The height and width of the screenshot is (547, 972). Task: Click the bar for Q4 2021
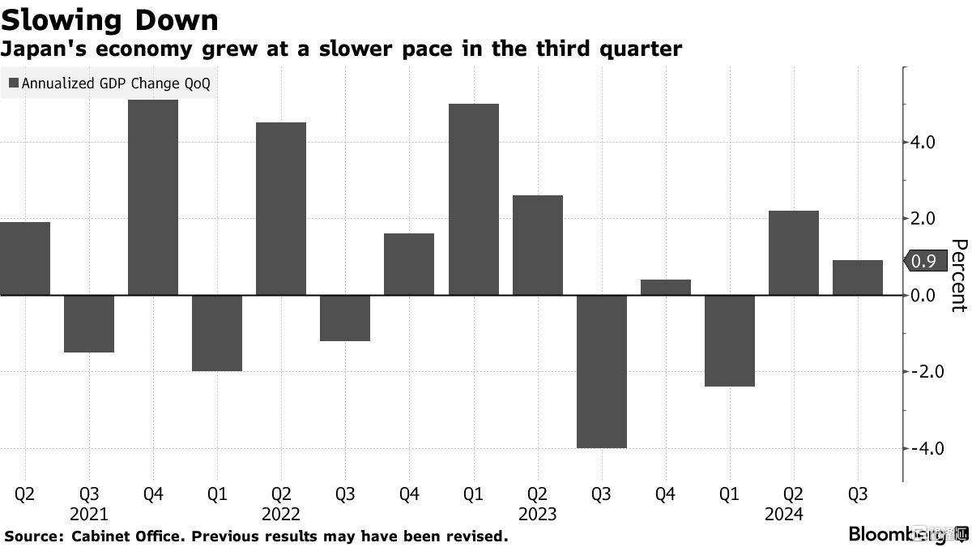tap(153, 197)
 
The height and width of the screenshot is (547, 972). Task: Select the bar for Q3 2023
tap(601, 371)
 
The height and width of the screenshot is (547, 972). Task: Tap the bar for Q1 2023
tap(473, 199)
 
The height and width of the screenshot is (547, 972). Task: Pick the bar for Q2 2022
tap(281, 208)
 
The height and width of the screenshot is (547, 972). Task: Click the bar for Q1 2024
tap(729, 340)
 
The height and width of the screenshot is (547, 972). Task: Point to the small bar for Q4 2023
tap(665, 287)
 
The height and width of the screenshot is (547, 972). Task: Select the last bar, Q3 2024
tap(857, 278)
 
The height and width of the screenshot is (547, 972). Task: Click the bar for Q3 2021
tap(89, 323)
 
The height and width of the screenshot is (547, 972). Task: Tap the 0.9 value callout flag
tap(923, 261)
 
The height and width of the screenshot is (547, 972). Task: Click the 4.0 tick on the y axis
tap(923, 143)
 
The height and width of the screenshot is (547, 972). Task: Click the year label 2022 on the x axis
tap(281, 514)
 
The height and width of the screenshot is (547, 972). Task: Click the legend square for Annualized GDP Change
tap(14, 83)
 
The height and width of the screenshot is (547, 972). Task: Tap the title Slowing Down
tap(110, 19)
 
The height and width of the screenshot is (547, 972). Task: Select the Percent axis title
tap(958, 276)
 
